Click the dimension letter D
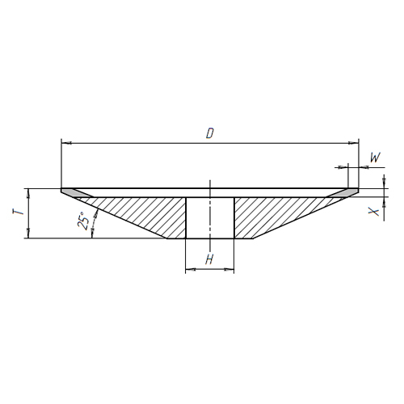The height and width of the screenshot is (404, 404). pyautogui.click(x=210, y=133)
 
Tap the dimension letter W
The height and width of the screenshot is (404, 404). pyautogui.click(x=375, y=158)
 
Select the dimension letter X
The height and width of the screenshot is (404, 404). pyautogui.click(x=374, y=212)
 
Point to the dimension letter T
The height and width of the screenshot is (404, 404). pyautogui.click(x=19, y=213)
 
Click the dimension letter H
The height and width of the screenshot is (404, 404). pyautogui.click(x=209, y=259)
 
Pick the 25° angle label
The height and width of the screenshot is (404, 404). pyautogui.click(x=83, y=221)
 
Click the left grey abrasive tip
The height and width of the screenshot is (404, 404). pyautogui.click(x=77, y=193)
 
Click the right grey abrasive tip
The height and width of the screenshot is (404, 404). pyautogui.click(x=343, y=193)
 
